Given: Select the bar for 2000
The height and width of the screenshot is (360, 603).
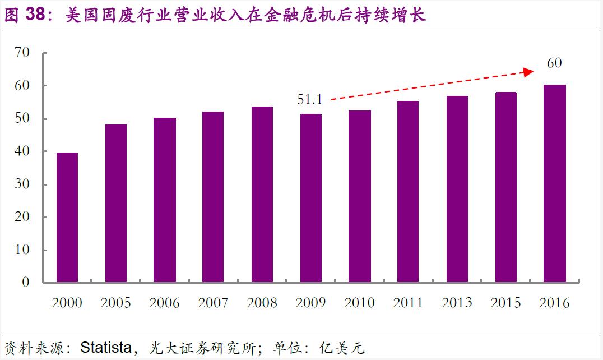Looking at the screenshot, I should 67,217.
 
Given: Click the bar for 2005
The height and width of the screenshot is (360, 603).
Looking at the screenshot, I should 116,203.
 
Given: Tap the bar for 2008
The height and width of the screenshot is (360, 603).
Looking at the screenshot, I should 262,194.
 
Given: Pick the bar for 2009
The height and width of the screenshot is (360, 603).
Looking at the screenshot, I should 310,197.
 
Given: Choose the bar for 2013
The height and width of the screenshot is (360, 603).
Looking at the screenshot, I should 457,189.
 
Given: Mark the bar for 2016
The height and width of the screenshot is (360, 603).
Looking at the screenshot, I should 554,183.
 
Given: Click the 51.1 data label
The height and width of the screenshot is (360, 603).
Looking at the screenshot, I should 309,100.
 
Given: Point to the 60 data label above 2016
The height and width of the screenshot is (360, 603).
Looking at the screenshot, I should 554,63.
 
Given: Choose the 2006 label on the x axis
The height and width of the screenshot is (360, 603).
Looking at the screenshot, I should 164,303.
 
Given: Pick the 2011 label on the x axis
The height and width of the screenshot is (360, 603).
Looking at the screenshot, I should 408,303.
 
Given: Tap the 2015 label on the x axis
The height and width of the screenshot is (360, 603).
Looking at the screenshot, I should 505,303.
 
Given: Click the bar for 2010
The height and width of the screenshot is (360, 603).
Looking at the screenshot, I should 359,196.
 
